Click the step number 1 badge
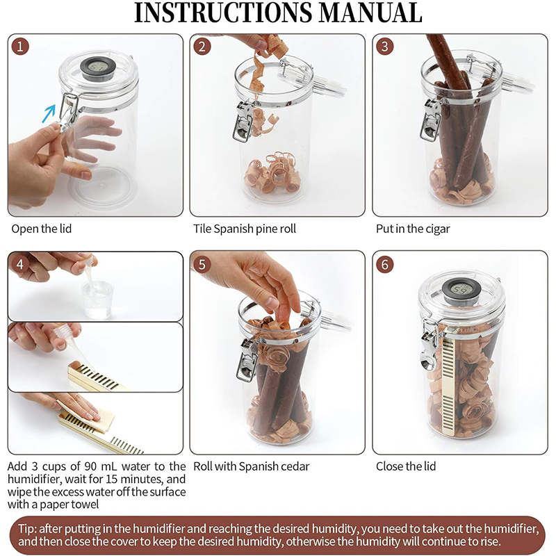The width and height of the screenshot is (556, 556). pos(20,47)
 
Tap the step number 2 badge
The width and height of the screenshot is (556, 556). pos(202,47)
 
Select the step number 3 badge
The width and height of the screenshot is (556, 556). pos(385,47)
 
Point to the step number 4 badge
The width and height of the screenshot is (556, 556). pos(20,264)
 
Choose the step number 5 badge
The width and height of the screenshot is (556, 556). pos(202,264)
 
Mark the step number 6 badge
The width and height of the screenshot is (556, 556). pos(385,264)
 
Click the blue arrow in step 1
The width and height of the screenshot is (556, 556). pos(49,113)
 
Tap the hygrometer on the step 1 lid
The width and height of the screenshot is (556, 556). pos(98,68)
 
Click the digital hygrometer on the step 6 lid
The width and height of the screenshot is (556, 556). pos(460,291)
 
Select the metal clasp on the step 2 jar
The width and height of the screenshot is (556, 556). pos(244,121)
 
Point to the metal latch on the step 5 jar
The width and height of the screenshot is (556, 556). pos(247,359)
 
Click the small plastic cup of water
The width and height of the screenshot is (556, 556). pos(97,300)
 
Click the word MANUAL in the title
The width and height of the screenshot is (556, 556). pos(370,13)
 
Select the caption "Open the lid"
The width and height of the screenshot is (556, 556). pos(42,229)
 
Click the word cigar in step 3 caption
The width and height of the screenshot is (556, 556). pos(438,229)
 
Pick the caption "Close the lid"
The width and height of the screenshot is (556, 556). pos(406,466)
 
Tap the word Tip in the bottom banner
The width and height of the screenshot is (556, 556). pos(27,529)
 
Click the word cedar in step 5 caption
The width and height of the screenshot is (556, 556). pos(296,466)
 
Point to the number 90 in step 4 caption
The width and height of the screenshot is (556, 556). pos(92,466)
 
